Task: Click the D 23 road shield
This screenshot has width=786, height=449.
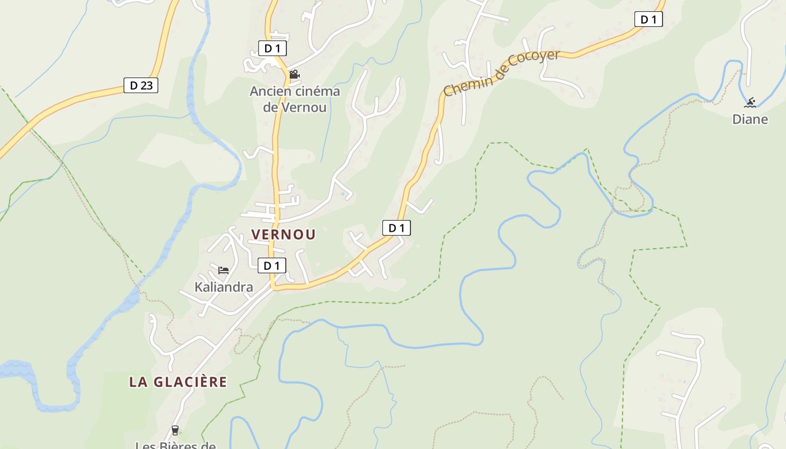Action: pyautogui.click(x=140, y=85)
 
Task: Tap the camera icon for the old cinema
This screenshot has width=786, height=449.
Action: pyautogui.click(x=294, y=75)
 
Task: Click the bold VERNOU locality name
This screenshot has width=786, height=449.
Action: pyautogui.click(x=284, y=235)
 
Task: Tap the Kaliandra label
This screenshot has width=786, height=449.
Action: pyautogui.click(x=223, y=287)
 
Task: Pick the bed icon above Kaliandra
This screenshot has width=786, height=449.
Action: pyautogui.click(x=223, y=271)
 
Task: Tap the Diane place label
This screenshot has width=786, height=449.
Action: pyautogui.click(x=750, y=119)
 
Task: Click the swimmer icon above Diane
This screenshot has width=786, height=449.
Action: pyautogui.click(x=750, y=103)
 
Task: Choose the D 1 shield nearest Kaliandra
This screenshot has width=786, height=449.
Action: pyautogui.click(x=272, y=265)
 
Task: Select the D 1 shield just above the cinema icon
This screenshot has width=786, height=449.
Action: pyautogui.click(x=272, y=48)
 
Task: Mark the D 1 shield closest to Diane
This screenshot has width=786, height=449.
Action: pyautogui.click(x=648, y=19)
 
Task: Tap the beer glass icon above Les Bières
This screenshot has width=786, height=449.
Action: pyautogui.click(x=175, y=430)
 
